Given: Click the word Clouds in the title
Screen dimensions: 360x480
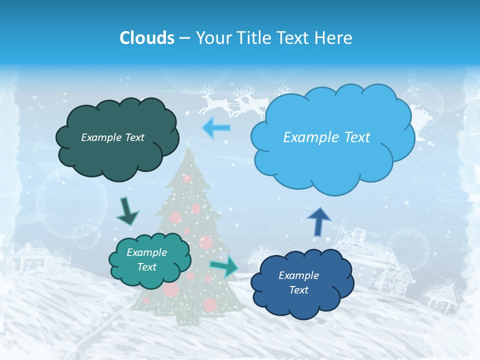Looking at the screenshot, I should click(146, 38).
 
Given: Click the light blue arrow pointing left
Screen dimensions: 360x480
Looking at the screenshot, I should click(216, 128).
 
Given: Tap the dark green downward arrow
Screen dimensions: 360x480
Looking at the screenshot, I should click(127, 210).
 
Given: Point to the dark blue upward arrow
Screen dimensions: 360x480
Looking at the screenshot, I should click(318, 220).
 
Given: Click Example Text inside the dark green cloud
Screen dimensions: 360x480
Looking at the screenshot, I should click(112, 137).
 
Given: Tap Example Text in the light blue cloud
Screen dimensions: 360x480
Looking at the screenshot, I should click(326, 137).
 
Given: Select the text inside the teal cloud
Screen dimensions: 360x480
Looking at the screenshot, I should click(146, 259).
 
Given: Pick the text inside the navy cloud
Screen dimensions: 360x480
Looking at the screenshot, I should click(298, 282).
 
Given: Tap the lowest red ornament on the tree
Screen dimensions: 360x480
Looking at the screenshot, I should click(209, 304).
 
